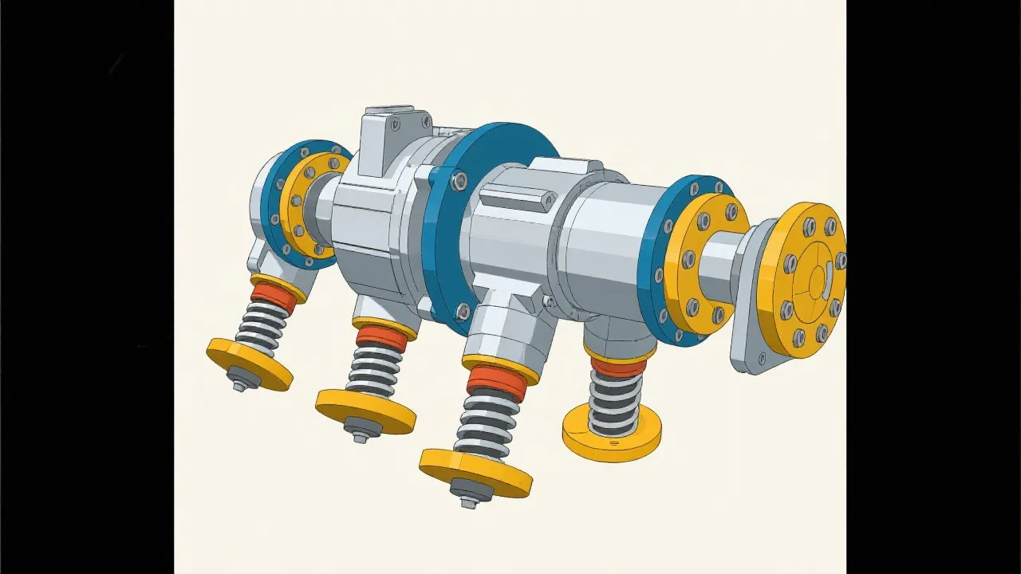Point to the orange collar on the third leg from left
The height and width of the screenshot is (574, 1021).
[496, 383]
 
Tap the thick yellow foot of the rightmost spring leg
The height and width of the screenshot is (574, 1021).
[612, 434]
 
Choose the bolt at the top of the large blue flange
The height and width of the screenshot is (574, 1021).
[459, 181]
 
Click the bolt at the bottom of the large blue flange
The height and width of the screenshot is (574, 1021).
[462, 311]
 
